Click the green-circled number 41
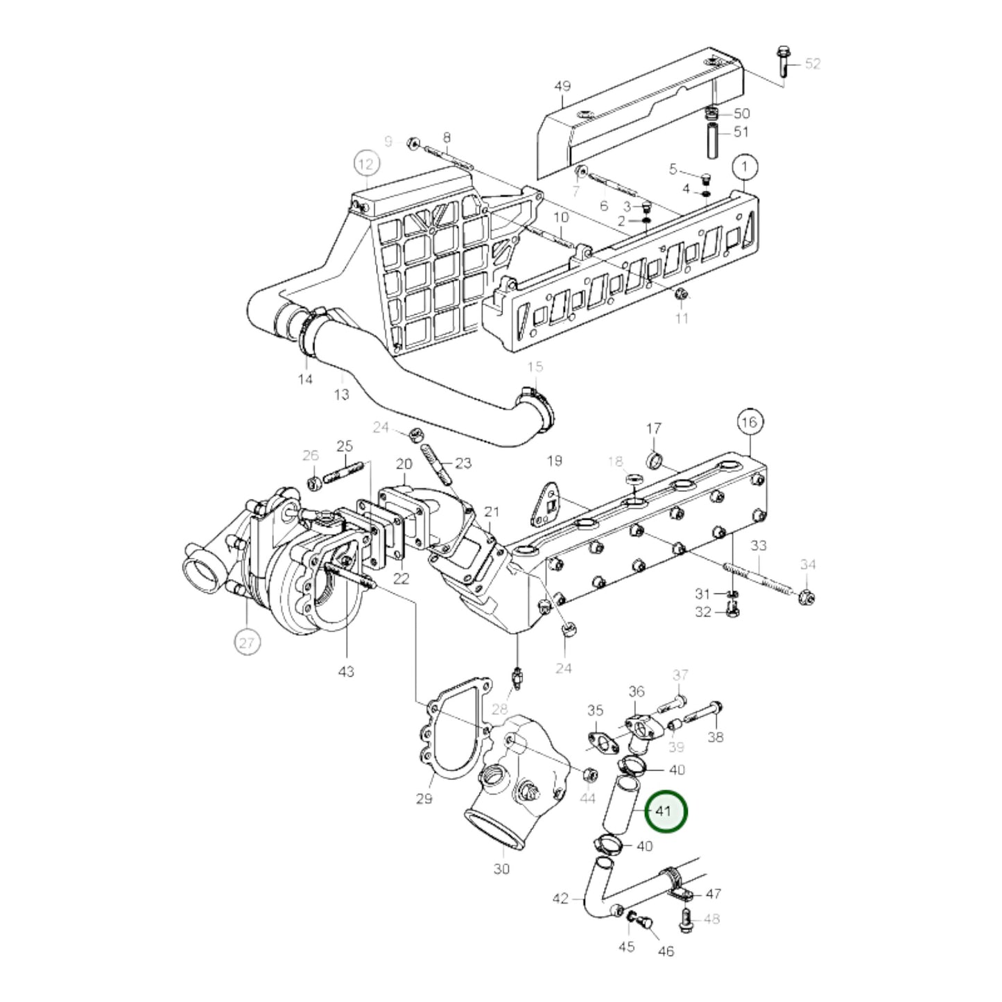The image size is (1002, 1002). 665,811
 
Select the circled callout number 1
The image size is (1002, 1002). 745,167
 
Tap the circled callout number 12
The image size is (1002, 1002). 367,164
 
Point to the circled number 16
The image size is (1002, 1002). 750,422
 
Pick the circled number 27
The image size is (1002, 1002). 248,643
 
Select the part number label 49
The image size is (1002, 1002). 562,86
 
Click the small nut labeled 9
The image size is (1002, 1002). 411,143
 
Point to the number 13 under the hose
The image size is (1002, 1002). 341,395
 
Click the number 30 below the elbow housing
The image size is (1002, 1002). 501,867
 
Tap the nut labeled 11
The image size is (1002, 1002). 681,295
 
